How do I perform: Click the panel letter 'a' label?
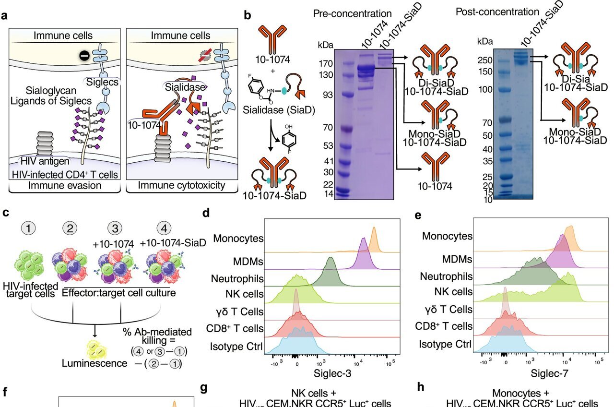click(5, 15)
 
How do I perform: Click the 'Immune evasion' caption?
click(63, 185)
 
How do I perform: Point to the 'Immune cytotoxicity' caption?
click(181, 185)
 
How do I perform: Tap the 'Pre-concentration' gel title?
click(352, 13)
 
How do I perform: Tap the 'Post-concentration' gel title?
click(497, 12)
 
